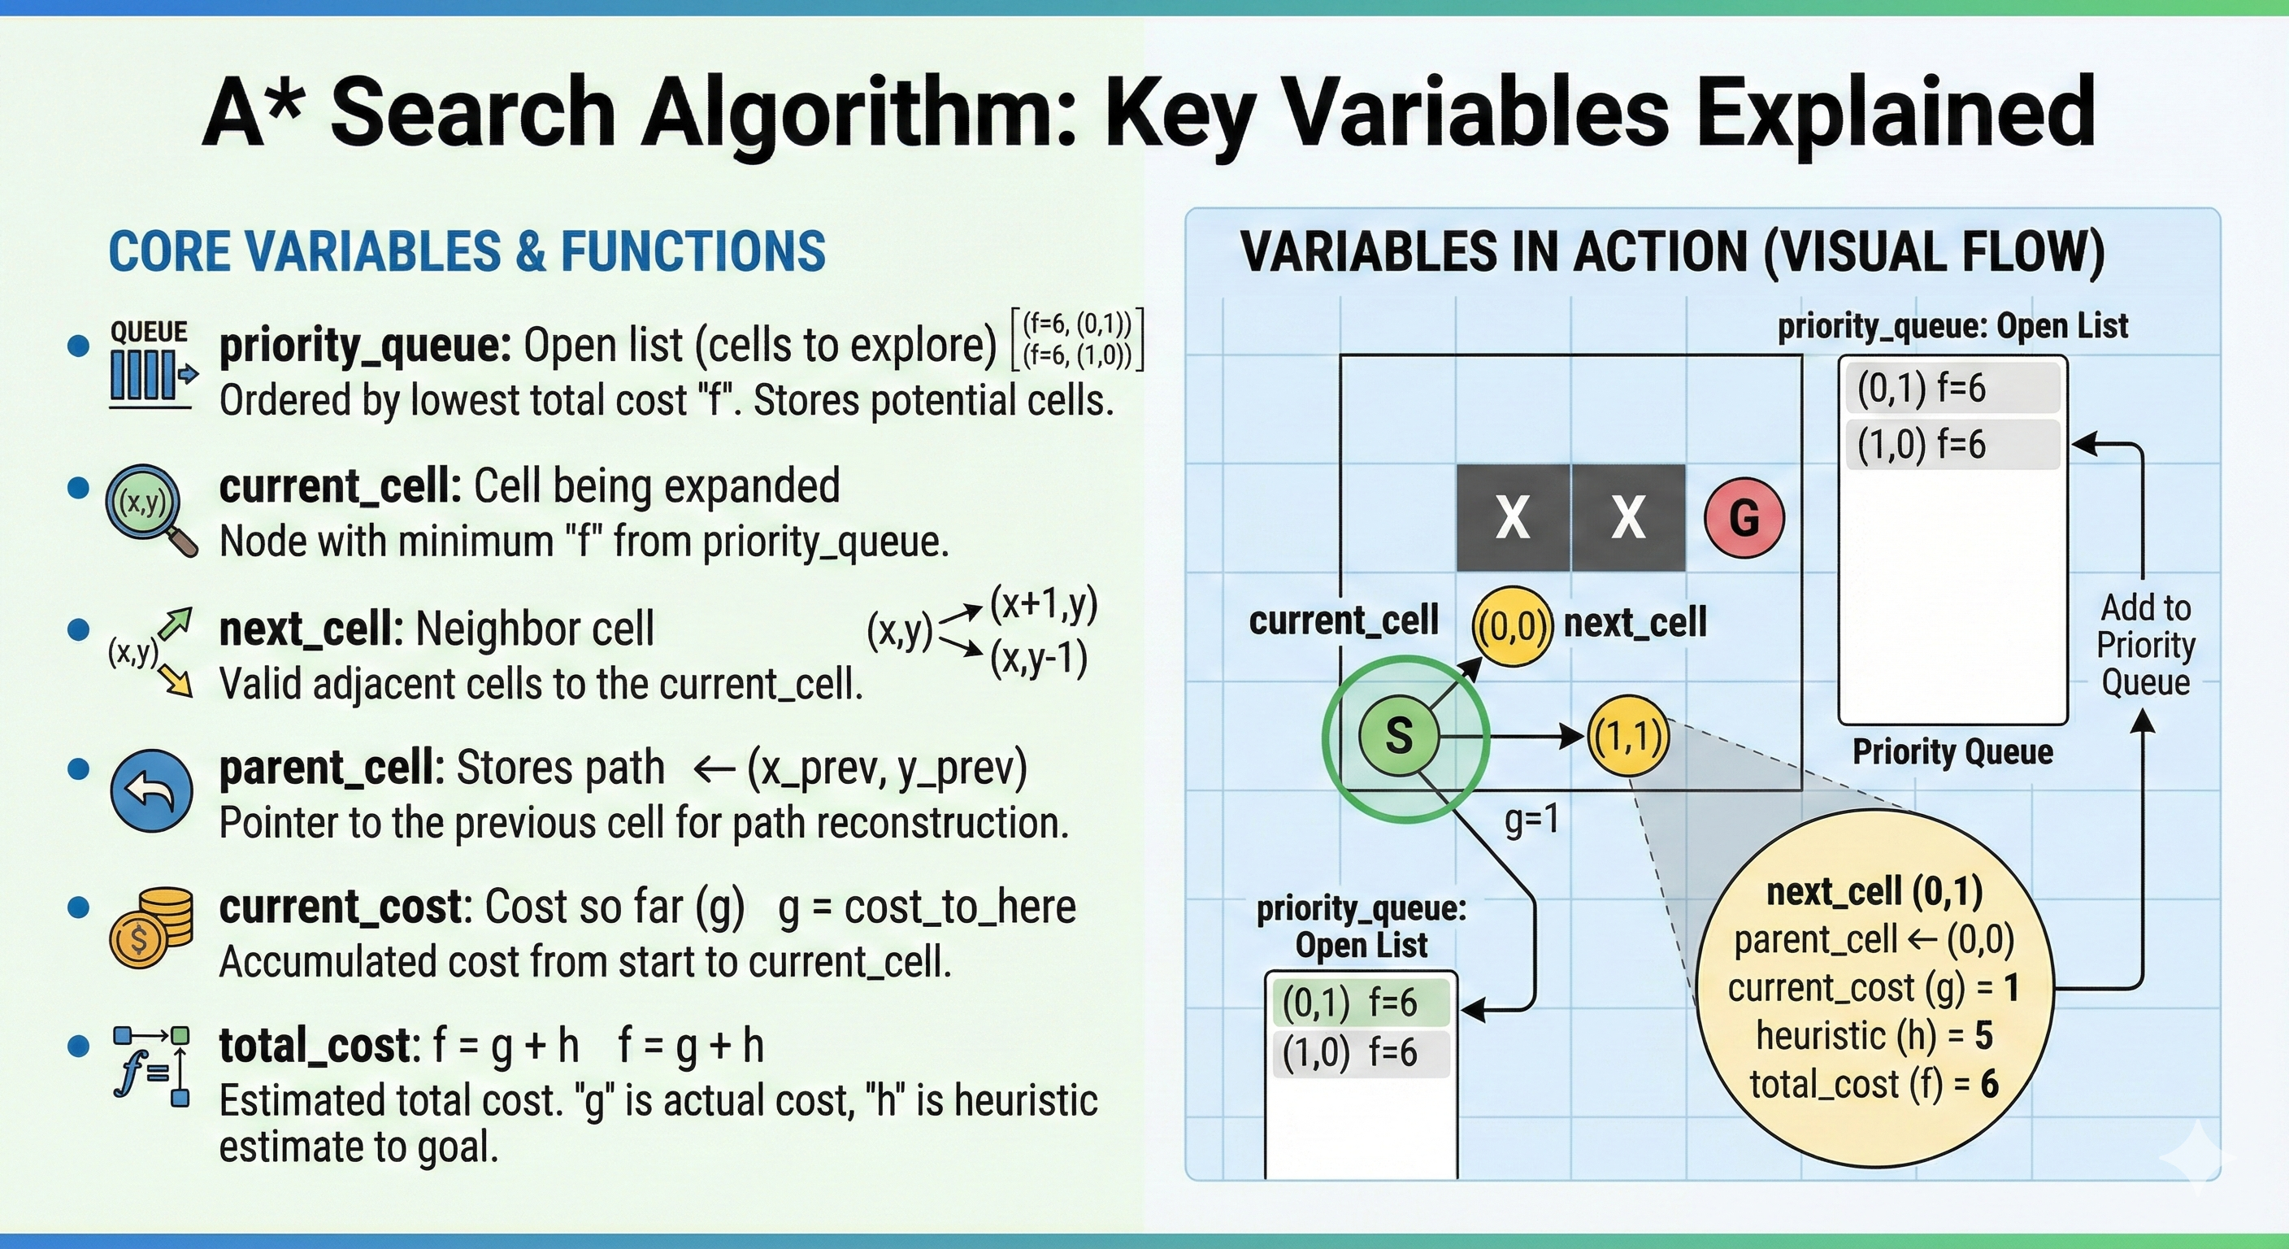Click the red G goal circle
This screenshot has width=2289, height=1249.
coord(1744,517)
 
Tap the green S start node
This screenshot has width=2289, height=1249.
coord(1399,735)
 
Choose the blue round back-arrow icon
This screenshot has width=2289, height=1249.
coord(151,790)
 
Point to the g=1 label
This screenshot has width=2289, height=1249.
coord(1532,819)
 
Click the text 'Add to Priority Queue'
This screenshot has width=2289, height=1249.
coord(2146,645)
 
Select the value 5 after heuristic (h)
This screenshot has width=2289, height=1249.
coord(1983,1035)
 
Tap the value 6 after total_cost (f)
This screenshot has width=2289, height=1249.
coord(1990,1084)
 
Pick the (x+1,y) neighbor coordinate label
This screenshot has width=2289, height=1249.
coord(1044,604)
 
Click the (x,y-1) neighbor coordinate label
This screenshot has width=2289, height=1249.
coord(1039,659)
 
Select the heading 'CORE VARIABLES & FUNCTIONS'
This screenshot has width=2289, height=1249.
coord(467,250)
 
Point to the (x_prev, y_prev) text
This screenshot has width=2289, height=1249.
coord(887,768)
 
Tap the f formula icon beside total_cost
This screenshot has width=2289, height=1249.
coord(151,1065)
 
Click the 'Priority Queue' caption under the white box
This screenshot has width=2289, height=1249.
coord(1952,752)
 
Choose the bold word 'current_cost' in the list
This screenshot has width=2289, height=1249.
coord(341,907)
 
